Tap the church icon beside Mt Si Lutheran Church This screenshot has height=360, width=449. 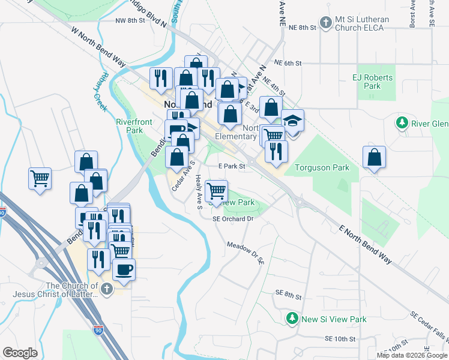click(x=325, y=23)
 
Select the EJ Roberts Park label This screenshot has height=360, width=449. click(x=372, y=82)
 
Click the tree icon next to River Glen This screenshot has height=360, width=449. click(x=402, y=124)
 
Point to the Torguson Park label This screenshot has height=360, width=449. click(x=317, y=168)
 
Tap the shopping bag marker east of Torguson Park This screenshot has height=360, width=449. click(x=374, y=158)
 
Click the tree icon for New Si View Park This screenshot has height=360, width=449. click(x=292, y=317)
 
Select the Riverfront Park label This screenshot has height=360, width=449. click(x=129, y=125)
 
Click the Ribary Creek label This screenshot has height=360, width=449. click(x=100, y=93)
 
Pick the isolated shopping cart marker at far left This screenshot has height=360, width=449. click(x=40, y=178)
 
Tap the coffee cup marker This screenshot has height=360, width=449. click(x=124, y=270)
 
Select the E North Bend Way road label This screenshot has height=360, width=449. click(x=365, y=245)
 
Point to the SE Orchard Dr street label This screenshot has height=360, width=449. click(x=234, y=219)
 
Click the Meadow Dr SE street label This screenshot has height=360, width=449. click(x=246, y=253)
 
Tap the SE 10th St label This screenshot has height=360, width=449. click(x=340, y=339)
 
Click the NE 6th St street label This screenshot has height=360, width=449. click(x=288, y=63)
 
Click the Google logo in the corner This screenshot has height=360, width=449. click(x=20, y=352)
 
